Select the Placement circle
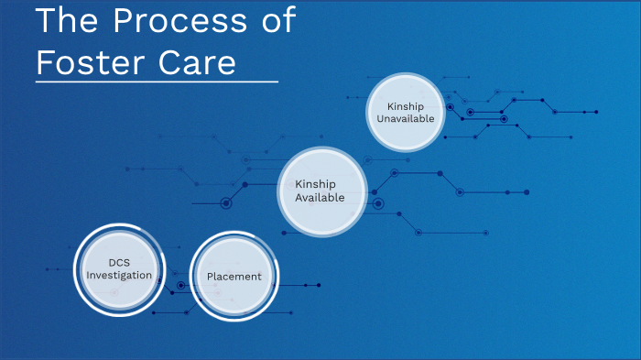[234, 277]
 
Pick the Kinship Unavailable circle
[405, 112]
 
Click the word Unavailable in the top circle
[405, 118]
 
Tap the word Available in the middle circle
[320, 198]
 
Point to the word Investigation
[119, 276]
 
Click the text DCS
[119, 263]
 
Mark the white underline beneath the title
[156, 82]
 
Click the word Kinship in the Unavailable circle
[405, 105]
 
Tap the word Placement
[234, 277]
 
